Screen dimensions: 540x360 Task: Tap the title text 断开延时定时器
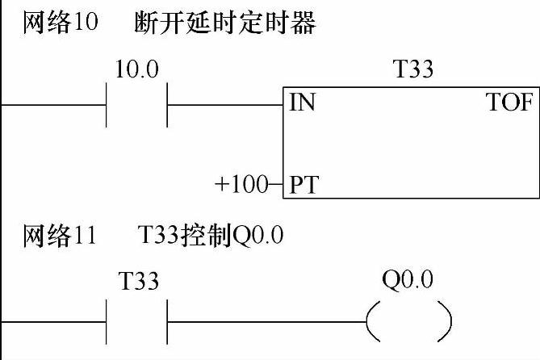pos(224,23)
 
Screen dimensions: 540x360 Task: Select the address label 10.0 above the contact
pos(136,69)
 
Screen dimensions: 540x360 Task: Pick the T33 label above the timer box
pos(412,69)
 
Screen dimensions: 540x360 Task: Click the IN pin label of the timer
pos(303,104)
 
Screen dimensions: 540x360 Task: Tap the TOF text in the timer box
pos(509,104)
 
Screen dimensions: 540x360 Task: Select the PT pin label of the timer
pos(304,185)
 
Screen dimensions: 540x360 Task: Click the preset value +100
pos(240,185)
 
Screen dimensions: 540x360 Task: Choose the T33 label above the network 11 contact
pos(138,283)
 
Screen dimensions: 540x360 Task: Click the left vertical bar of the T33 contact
pos(107,320)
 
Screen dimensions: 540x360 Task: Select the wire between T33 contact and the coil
pos(266,320)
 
